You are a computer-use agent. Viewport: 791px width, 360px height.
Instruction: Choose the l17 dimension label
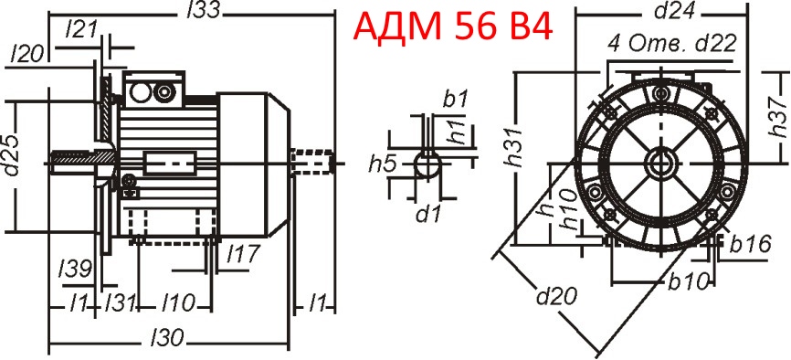coord(243,253)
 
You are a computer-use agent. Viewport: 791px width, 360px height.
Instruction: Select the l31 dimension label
coord(121,301)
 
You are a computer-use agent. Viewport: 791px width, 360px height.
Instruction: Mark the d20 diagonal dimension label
coord(550,296)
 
